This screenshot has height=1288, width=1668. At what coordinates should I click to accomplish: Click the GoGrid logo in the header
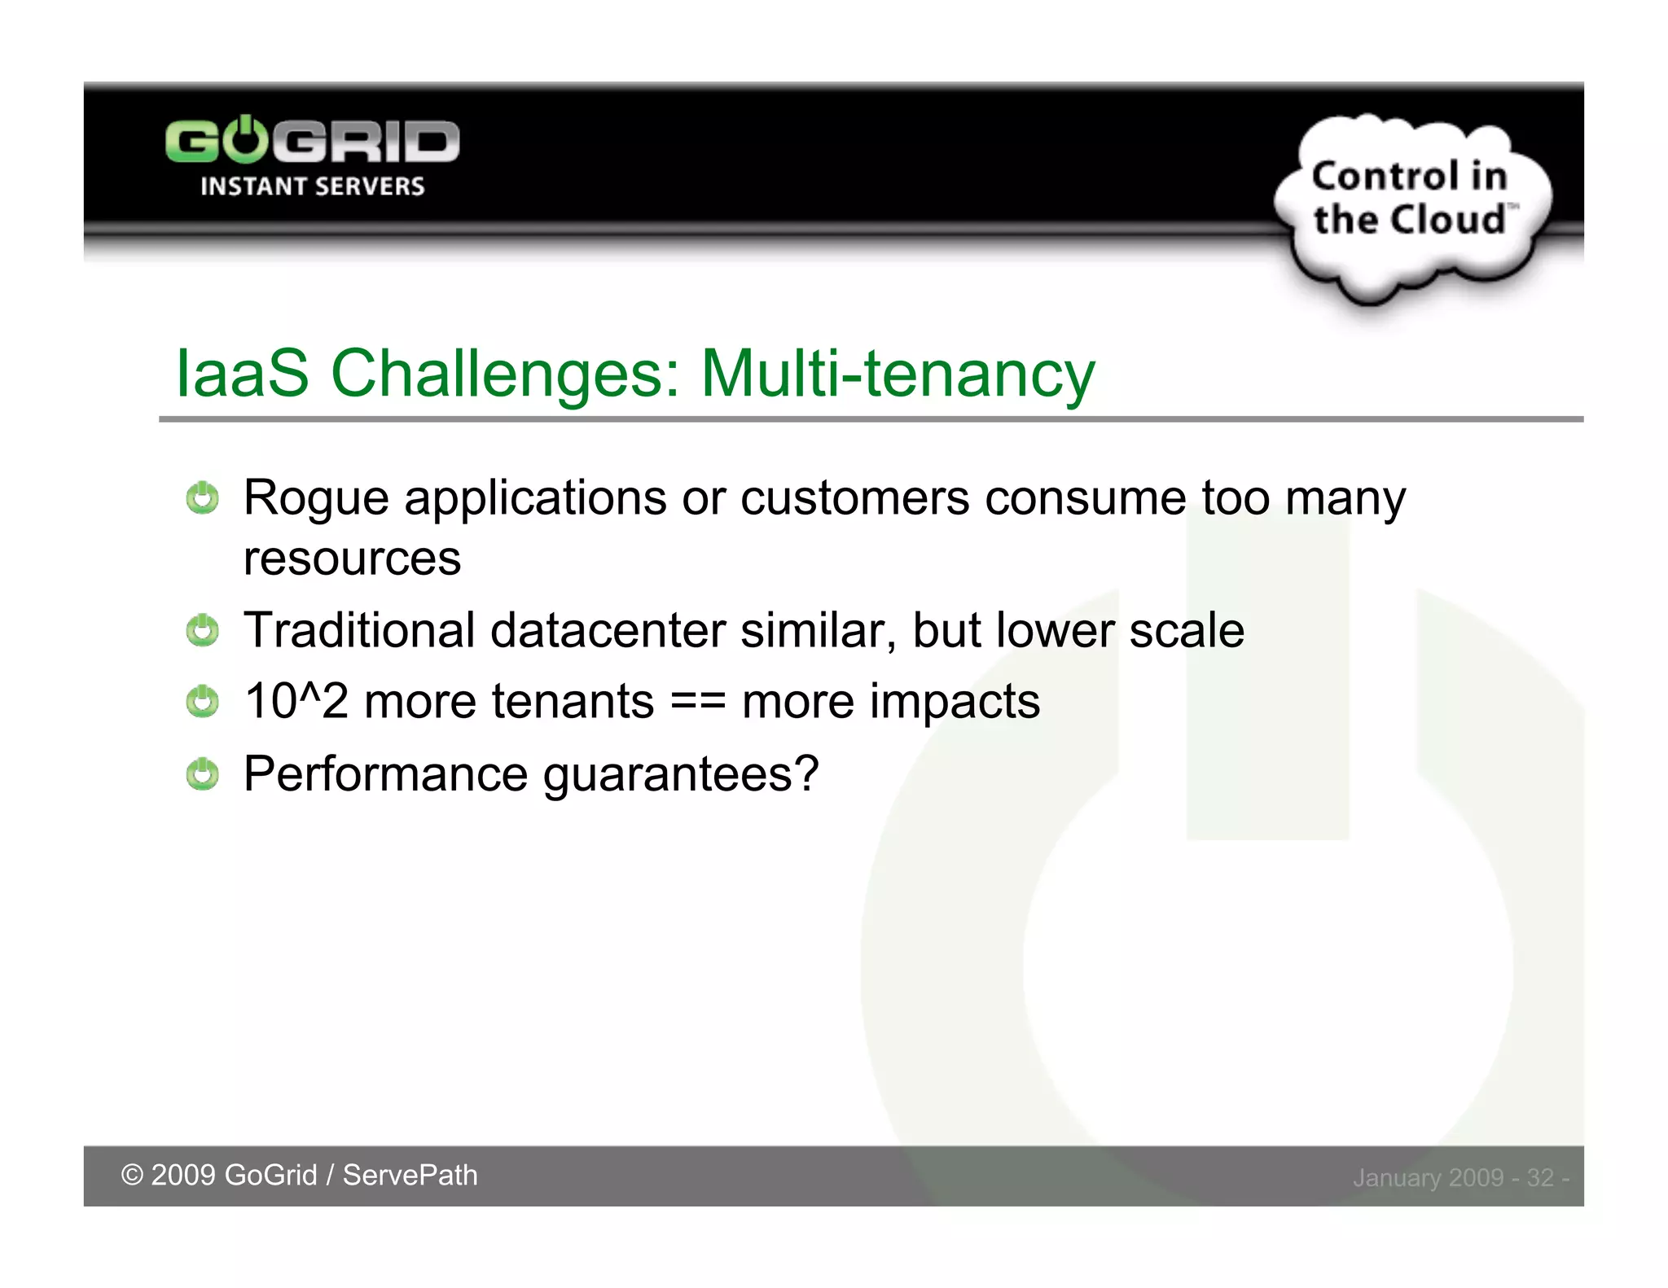coord(312,141)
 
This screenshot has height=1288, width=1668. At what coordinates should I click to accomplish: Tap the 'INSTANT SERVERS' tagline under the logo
coord(312,186)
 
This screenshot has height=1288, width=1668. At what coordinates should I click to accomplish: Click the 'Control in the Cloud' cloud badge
coord(1411,199)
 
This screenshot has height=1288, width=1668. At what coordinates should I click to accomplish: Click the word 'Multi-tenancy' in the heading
coord(898,374)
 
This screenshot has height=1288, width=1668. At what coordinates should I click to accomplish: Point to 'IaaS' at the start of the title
coord(242,374)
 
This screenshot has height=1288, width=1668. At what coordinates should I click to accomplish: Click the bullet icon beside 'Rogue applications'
coord(202,498)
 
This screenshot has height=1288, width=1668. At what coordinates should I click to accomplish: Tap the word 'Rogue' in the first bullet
coord(315,498)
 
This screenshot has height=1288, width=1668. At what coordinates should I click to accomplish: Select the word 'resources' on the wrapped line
coord(352,559)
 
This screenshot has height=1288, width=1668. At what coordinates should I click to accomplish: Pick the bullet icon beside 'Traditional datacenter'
coord(202,631)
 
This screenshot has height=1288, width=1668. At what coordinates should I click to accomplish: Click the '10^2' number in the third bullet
coord(296,702)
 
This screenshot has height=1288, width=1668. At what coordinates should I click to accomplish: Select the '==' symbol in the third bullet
coord(698,702)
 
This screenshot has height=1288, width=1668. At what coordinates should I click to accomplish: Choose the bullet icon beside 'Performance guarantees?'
coord(202,774)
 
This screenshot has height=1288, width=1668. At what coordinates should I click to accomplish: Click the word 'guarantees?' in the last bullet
coord(681,774)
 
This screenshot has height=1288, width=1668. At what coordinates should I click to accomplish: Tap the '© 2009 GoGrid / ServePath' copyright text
coord(299,1175)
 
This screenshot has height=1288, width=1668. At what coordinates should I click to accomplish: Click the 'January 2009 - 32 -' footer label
coord(1460,1177)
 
